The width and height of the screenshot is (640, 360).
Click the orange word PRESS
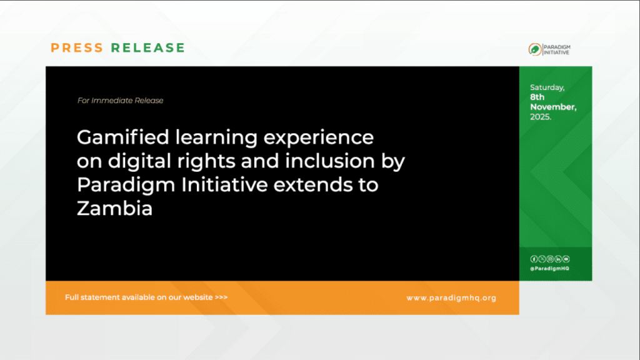pos(77,47)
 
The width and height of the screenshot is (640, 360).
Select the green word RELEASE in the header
pos(148,47)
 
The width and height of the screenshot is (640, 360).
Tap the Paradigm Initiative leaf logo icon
pos(535,49)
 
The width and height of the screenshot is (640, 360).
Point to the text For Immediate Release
pos(121,101)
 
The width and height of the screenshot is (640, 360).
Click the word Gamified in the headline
pos(123,137)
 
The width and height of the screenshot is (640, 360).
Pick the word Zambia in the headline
pos(115,209)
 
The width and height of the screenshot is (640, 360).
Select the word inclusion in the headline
pos(330,161)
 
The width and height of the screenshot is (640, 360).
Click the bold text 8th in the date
pos(537,97)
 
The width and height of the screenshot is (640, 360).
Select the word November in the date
pos(553,107)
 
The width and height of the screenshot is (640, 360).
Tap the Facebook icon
pos(534,259)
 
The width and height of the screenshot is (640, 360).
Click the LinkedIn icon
pos(558,259)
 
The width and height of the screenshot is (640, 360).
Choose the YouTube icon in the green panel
pos(566,259)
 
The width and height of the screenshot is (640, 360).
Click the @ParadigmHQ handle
pos(549,269)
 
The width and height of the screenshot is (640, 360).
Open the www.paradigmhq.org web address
pos(451,298)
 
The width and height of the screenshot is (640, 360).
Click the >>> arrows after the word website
pos(221,297)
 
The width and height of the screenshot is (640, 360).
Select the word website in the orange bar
pos(198,297)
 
